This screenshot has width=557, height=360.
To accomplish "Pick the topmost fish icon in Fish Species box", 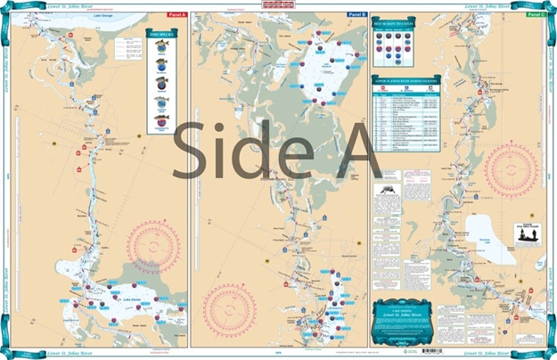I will tap(160, 50).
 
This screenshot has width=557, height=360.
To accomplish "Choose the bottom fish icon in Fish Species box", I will tap(160, 119).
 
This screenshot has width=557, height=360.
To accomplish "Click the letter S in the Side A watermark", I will tap(192, 149).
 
